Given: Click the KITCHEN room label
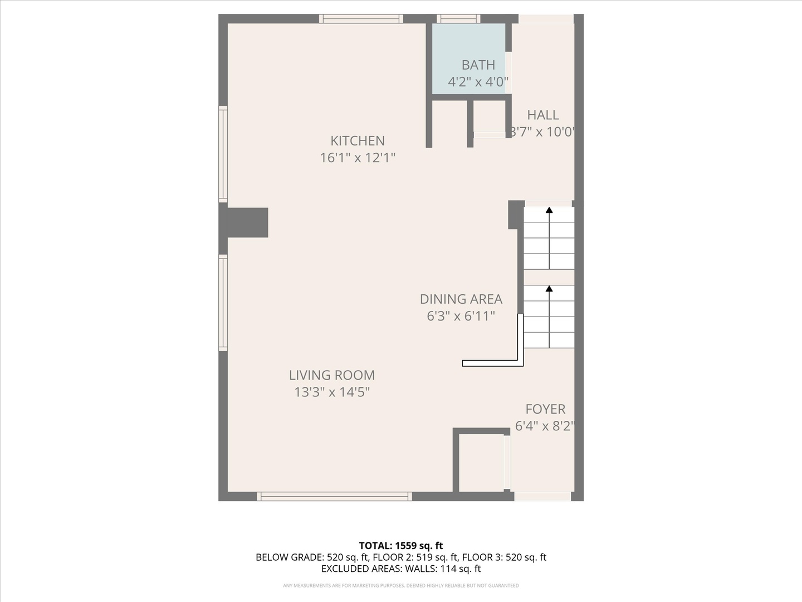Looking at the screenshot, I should click(358, 140).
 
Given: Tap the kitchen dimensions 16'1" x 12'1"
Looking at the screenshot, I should click(358, 158).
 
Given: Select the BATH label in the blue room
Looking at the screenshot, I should click(478, 65).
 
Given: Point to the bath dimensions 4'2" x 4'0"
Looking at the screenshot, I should click(478, 82).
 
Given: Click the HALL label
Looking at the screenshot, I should click(543, 115).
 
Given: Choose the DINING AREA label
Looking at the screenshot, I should click(461, 299).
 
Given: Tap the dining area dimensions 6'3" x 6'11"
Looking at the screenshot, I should click(461, 316).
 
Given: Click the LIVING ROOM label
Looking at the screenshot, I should click(332, 375).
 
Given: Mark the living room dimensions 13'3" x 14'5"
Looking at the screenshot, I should click(332, 392).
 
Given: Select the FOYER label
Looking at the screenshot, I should click(545, 409).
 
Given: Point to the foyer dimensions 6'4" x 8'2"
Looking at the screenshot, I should click(544, 426).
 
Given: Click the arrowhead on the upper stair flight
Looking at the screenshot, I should click(549, 210).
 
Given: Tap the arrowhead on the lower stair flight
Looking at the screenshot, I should click(549, 288).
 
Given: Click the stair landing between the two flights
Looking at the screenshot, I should click(549, 277).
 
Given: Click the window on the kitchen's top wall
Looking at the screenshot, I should click(361, 18).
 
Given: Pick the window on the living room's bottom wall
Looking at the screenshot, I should click(334, 496).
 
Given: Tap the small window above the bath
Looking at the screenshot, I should click(458, 18).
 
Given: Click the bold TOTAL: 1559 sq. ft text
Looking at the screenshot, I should click(401, 546).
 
